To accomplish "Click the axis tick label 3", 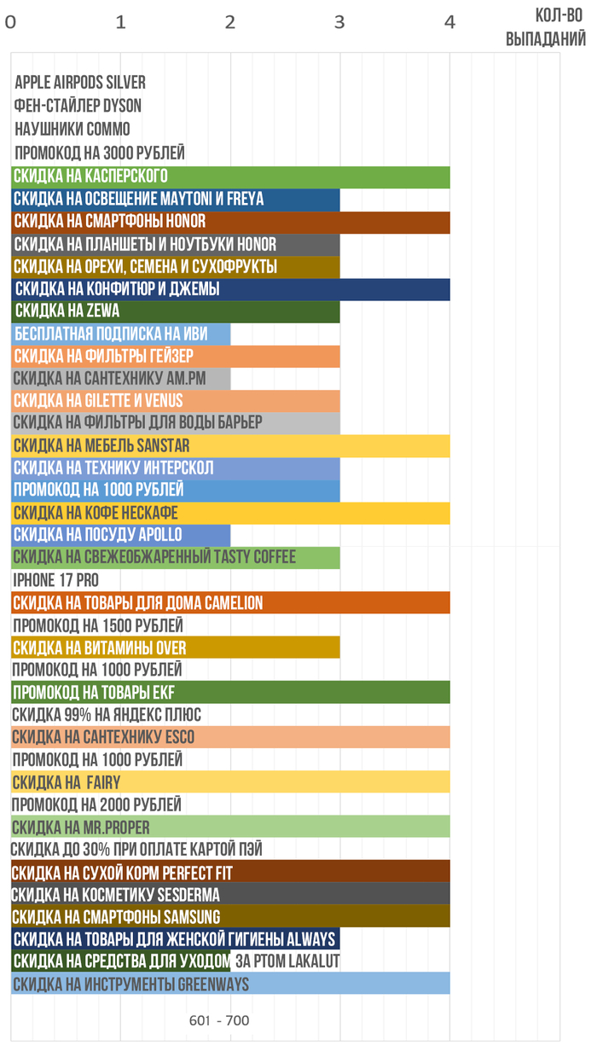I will point(339,23).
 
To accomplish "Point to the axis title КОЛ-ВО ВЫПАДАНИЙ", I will point(546,28).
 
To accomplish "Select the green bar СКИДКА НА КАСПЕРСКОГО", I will point(230,177).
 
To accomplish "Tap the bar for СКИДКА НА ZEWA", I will point(176,311).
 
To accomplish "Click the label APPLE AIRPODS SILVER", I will point(80,83).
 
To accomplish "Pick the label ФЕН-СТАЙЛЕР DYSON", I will point(78,106).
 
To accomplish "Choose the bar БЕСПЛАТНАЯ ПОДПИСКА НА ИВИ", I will point(120,334).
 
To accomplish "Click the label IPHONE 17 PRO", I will point(56,580).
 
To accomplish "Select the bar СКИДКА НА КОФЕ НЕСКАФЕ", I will point(230,513).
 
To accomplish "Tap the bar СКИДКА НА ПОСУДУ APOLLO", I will point(120,535).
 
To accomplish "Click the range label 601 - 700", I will point(219,1020).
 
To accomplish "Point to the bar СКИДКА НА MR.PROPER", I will point(230,827).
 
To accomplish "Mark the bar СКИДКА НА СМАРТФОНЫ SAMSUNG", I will point(230,916).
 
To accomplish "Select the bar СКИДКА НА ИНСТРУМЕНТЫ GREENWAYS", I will point(230,984).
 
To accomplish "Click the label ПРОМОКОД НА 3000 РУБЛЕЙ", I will point(100,154).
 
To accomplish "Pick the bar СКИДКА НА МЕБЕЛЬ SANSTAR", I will point(230,445).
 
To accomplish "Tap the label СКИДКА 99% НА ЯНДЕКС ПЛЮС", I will point(107,715).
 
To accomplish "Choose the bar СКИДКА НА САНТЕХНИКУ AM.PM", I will point(120,378).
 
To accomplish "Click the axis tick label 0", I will point(10,23).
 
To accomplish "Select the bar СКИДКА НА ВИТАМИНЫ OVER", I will point(176,647).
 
